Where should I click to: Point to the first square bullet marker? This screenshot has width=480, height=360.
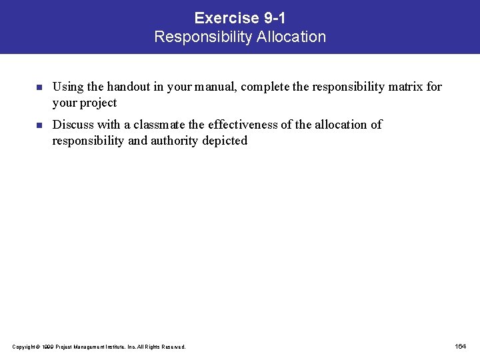pyautogui.click(x=39, y=87)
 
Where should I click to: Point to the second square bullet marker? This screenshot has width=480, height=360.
pyautogui.click(x=39, y=125)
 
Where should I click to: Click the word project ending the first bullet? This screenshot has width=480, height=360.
pyautogui.click(x=99, y=103)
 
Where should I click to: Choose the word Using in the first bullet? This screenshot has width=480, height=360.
pyautogui.click(x=66, y=87)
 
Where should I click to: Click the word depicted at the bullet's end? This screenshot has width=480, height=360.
pyautogui.click(x=225, y=140)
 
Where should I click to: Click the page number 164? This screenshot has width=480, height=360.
pyautogui.click(x=460, y=346)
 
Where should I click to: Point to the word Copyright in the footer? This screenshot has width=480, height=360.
pyautogui.click(x=24, y=347)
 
